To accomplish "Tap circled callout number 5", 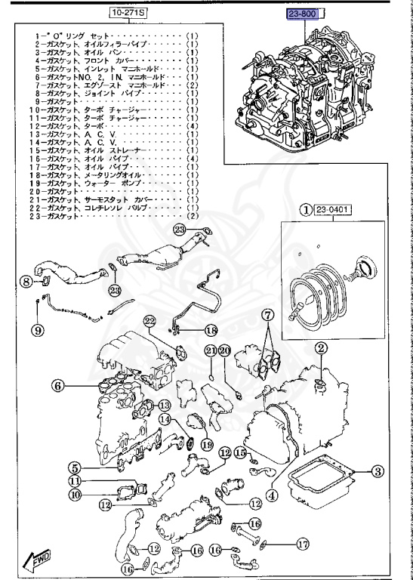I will coord(75,467).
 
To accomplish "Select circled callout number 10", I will coord(76,495).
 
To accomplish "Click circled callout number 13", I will coord(164,405).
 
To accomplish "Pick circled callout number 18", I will coord(211,330).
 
